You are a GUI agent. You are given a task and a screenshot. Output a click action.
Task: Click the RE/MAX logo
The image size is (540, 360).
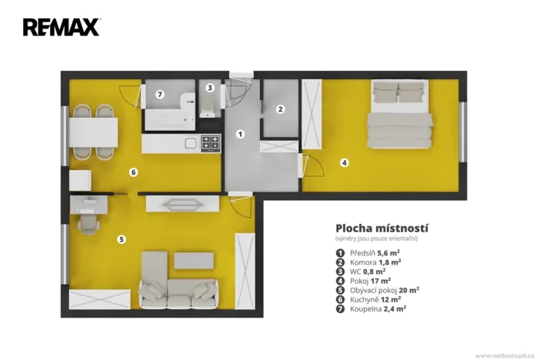tap(62, 28)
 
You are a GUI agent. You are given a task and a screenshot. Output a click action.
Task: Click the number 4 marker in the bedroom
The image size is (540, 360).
tap(345, 162)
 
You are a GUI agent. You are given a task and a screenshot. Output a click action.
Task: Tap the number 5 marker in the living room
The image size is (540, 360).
tap(121, 239)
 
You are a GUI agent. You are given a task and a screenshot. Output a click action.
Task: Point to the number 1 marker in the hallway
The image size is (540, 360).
tap(240, 134)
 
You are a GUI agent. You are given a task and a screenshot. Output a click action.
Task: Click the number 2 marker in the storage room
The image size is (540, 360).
tap(281, 109)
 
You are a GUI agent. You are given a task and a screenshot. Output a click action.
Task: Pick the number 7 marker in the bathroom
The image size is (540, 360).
tap(159, 95)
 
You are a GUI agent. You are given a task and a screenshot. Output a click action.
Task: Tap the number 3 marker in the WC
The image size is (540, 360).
tap(209, 88)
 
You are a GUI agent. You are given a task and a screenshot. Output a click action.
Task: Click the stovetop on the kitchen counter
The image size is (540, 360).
tap(210, 142)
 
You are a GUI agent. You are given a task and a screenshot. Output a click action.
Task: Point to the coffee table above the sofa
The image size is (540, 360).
tap(189, 260)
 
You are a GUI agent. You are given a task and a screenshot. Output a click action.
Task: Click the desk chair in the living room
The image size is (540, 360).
tap(87, 225)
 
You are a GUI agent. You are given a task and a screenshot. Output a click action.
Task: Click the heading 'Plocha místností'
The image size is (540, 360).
tap(382, 228)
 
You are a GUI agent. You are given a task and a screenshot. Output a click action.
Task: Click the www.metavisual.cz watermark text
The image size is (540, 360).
tap(505, 355)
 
